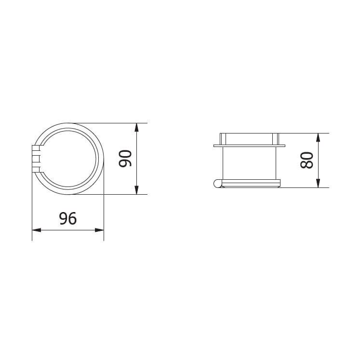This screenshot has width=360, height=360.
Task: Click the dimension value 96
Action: point(67,219)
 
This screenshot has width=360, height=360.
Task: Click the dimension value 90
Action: point(125,158)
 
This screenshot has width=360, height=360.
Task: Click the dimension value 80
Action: point(307,160)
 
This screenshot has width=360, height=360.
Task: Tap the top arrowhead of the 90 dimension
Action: point(137,128)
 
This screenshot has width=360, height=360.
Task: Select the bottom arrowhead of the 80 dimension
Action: point(318,183)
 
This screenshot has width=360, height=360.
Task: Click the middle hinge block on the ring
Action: point(35,158)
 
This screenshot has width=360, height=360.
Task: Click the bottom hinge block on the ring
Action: point(35,168)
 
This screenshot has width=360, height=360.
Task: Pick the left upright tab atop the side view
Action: point(223,138)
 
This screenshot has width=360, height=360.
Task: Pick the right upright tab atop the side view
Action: point(276,138)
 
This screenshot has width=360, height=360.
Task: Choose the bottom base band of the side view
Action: point(251,183)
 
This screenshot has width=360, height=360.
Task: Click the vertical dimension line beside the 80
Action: point(318,160)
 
